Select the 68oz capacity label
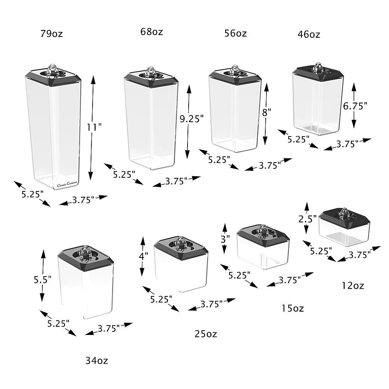151,32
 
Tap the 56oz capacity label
235,33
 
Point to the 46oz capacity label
308,35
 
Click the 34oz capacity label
96,361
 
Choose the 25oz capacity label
206,334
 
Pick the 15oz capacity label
293,309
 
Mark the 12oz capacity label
353,286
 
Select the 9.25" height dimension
191,119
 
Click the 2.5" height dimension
307,219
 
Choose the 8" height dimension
266,113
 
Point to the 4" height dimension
144,256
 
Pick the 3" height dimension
225,239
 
